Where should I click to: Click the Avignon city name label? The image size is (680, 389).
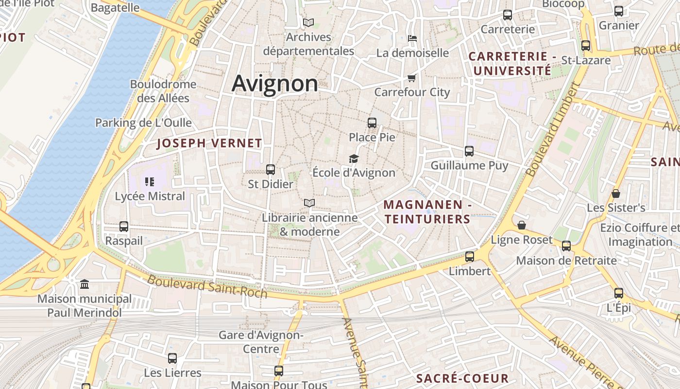point(274,83)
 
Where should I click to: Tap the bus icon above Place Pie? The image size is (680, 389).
point(372,123)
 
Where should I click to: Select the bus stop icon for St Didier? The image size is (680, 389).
point(271,170)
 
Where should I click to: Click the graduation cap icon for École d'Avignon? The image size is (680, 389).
point(354,159)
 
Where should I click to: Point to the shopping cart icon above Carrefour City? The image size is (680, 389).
point(412,78)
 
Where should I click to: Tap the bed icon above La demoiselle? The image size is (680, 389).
point(412,38)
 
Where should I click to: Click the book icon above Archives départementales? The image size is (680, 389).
point(308,22)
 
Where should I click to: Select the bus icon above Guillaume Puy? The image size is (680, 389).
point(469,151)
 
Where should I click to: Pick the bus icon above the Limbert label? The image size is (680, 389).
point(470,257)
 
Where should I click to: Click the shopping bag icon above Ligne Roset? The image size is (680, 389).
point(522,225)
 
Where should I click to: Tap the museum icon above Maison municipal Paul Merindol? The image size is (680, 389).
point(85,284)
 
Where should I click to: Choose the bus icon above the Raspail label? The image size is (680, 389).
point(124,227)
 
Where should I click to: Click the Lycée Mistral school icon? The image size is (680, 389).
point(150,182)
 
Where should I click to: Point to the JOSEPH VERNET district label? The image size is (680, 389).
point(209,143)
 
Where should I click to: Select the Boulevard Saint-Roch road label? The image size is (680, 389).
point(207,286)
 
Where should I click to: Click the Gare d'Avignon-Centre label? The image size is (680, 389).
point(261,342)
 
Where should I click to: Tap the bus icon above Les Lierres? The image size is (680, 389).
point(172,358)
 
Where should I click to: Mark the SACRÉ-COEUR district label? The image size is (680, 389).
point(462,378)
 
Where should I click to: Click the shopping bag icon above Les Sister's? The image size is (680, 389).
point(616,194)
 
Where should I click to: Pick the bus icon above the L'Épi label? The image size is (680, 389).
point(619,293)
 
